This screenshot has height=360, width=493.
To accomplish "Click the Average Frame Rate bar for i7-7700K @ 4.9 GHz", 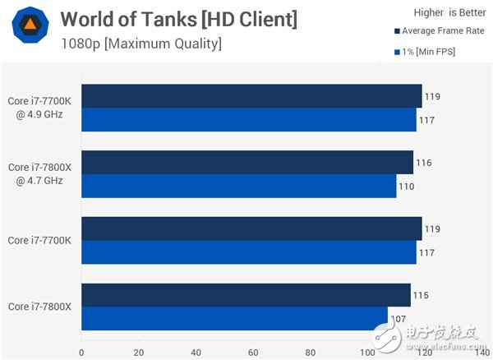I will pos(251,96).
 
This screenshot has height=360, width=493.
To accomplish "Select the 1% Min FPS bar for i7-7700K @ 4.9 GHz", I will pos(248,120).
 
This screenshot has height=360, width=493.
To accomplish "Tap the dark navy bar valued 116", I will pos(246,163).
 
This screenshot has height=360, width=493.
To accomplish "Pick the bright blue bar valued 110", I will pos(238,187).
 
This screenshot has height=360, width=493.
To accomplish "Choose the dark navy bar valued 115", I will pos(245,295).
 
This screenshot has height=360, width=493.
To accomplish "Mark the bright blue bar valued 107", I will pos(234,319).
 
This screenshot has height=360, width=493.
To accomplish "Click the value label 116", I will pos(424,163).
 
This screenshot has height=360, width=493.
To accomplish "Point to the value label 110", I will pos(407,187).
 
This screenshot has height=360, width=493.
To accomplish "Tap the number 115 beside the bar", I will pos(421,295).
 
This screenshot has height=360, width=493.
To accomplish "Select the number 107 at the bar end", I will pos(399,319).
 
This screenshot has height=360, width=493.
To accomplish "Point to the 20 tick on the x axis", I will pos(138,352).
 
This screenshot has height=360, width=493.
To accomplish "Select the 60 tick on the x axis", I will pos(253,352).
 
